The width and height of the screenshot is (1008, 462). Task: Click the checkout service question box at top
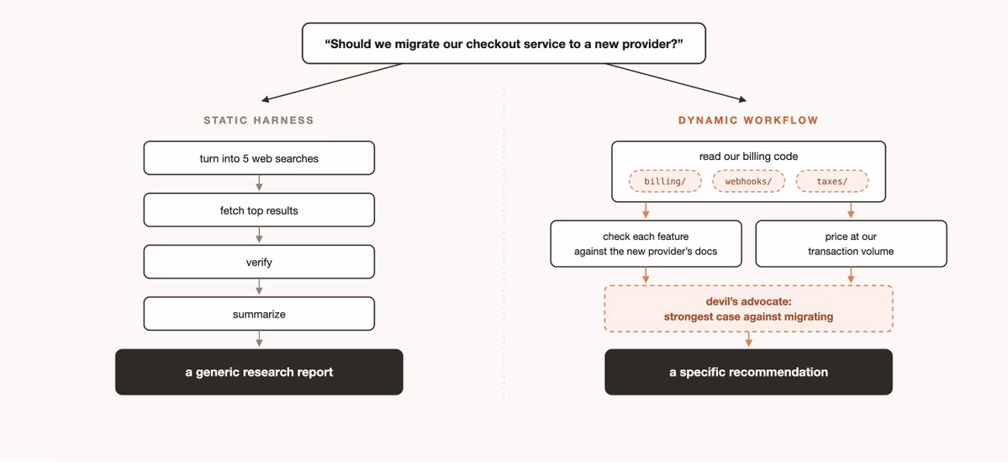click(504, 44)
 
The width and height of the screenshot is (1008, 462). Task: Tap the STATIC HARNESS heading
click(258, 120)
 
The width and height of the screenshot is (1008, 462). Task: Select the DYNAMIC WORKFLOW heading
click(748, 120)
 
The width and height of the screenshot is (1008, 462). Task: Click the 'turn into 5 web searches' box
click(259, 158)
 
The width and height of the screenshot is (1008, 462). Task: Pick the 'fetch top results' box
click(259, 210)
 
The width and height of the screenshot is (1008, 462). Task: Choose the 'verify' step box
click(259, 262)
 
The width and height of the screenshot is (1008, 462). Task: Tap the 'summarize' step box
click(259, 314)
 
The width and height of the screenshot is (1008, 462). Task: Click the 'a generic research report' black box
click(259, 372)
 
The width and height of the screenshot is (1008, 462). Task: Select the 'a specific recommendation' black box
click(748, 372)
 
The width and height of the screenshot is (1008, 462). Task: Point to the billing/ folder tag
click(665, 182)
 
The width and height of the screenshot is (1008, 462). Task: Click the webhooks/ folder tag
click(749, 182)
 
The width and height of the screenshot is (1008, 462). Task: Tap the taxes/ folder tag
click(832, 182)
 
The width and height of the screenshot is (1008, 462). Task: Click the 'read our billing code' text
click(748, 157)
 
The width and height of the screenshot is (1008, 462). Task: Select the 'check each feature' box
click(646, 244)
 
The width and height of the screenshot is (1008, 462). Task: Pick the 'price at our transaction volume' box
click(851, 244)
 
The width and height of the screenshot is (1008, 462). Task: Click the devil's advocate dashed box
click(748, 309)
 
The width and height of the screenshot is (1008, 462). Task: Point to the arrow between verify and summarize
click(259, 288)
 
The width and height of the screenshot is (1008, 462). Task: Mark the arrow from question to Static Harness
click(332, 82)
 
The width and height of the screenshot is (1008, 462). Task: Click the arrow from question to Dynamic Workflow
click(676, 82)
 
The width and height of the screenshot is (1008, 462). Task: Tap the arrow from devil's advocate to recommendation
click(748, 340)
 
